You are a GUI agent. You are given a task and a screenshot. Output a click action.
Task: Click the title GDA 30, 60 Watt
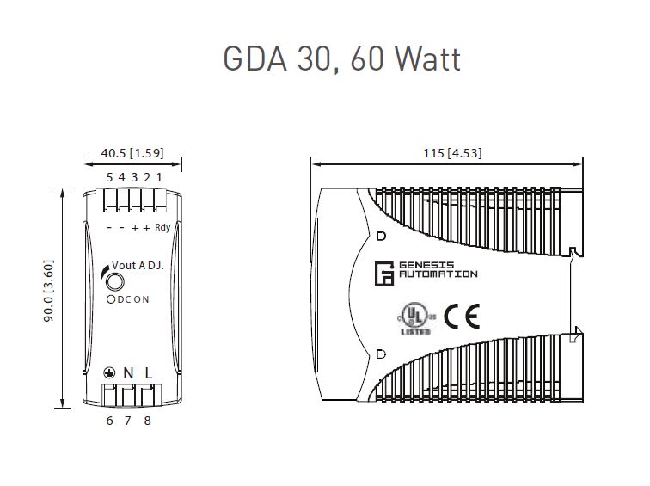tap(341, 58)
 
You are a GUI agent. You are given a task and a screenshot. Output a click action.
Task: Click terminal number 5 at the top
tap(109, 177)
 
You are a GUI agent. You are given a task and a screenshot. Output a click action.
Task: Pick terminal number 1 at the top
tap(159, 177)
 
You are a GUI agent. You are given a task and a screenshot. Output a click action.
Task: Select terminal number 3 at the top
tap(134, 177)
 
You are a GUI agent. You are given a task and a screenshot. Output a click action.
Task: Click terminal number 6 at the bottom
tap(109, 420)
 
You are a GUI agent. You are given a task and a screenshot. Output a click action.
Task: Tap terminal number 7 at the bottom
tap(128, 420)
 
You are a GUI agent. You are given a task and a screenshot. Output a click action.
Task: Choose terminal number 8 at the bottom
tap(148, 420)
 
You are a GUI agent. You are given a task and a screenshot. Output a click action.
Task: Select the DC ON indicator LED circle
tap(111, 298)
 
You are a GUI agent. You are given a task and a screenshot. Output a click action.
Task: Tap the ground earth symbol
tap(109, 373)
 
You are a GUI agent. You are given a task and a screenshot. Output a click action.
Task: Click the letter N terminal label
tap(128, 372)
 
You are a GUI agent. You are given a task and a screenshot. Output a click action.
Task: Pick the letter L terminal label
tap(148, 372)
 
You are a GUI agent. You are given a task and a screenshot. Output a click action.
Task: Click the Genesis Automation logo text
tap(438, 269)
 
